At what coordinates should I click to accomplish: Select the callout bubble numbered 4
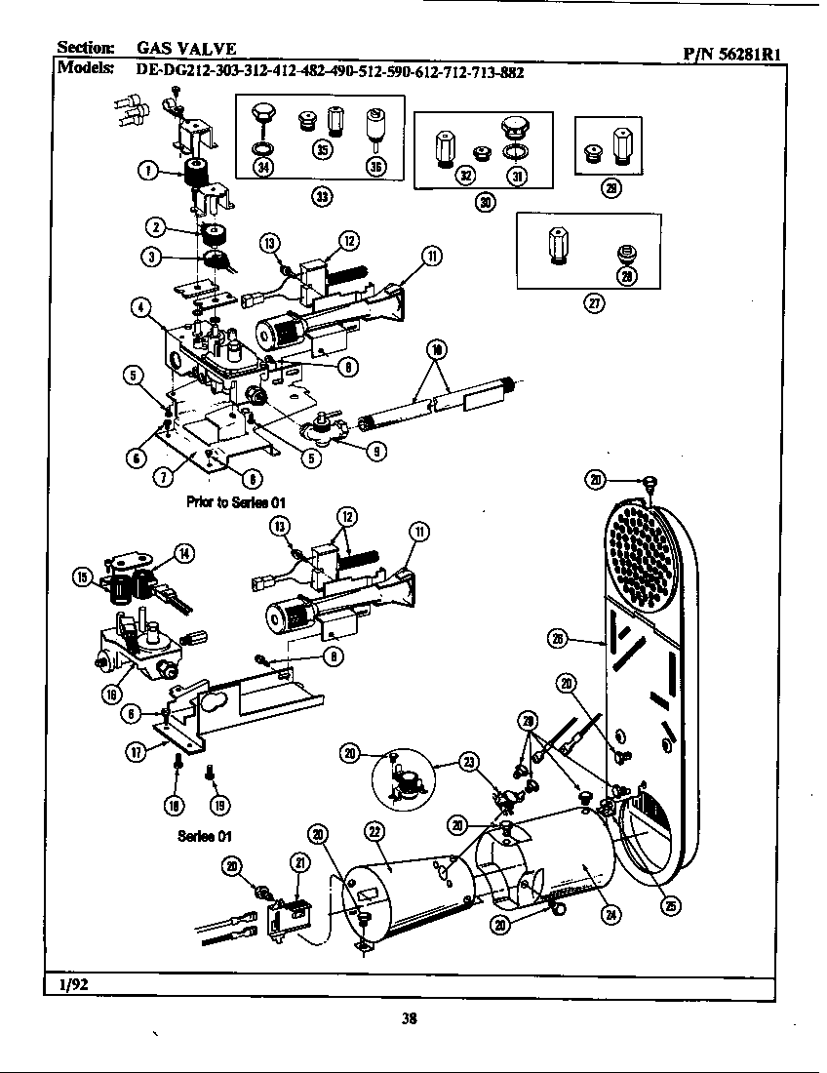[141, 309]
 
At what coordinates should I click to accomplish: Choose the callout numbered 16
[110, 694]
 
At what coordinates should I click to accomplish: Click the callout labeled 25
[670, 903]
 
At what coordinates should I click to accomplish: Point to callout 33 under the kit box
[321, 196]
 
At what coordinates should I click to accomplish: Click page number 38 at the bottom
[410, 1019]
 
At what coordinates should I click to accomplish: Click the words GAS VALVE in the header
[185, 49]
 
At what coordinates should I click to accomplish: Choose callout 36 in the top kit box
[375, 166]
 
